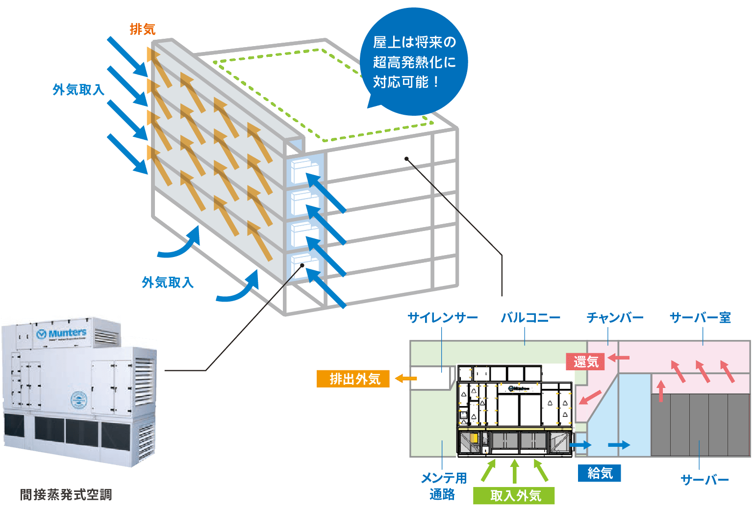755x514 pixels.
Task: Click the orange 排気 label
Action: pos(142,29)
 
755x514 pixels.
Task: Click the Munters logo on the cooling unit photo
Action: pos(61,334)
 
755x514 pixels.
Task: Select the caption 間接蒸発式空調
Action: pos(66,494)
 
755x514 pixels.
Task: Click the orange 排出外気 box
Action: pos(353,379)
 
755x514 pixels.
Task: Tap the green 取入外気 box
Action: pos(514,495)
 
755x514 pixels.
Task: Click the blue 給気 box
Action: pos(599,473)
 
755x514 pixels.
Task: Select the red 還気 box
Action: pos(585,362)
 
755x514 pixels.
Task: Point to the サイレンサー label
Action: pos(443,318)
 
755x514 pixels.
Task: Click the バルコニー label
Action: pos(530,318)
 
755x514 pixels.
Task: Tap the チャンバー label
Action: pos(615,318)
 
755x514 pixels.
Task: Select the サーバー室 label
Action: pos(700,318)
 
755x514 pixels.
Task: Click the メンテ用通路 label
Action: pos(443,486)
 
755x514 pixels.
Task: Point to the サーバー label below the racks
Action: pos(705,480)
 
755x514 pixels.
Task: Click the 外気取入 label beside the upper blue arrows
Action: pos(78,89)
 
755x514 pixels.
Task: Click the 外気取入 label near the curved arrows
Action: pos(168,282)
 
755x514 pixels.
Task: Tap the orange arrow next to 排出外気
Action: pos(405,378)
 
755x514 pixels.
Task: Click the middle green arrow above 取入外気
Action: pos(514,471)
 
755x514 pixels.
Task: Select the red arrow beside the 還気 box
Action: pos(619,358)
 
